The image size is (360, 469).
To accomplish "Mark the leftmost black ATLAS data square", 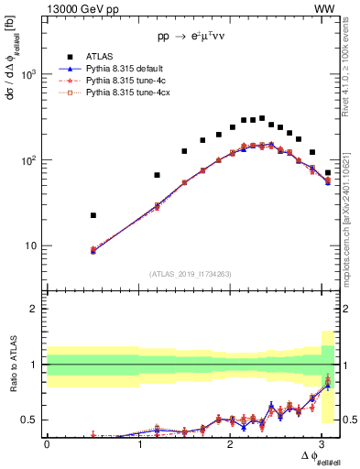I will (x=93, y=215).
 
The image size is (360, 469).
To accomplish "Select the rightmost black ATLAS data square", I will (x=327, y=172).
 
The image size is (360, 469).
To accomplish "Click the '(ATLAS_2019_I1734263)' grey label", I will (x=191, y=273).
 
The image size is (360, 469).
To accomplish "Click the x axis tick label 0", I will (x=46, y=443).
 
